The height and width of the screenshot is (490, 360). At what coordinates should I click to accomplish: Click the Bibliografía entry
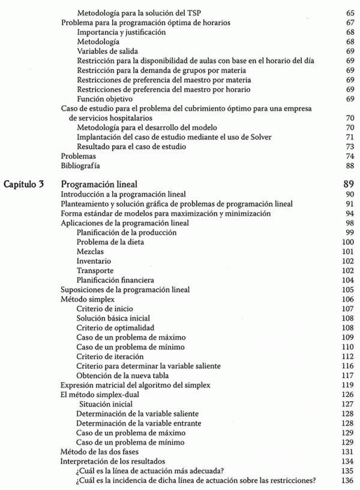click(x=81, y=166)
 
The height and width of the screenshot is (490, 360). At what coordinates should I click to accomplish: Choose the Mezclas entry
click(x=89, y=251)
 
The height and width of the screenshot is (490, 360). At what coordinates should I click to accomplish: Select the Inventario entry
click(x=94, y=261)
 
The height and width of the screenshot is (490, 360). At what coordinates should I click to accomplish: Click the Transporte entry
click(x=95, y=270)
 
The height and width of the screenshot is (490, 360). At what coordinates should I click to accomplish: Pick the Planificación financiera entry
click(x=115, y=280)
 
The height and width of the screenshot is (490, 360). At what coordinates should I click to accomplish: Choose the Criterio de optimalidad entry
click(x=115, y=327)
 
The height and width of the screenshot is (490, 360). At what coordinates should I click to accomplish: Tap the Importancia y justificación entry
click(x=121, y=32)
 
